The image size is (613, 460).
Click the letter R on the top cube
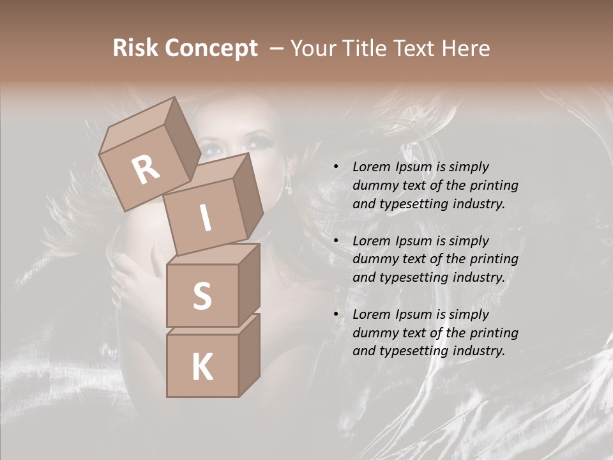coord(146,169)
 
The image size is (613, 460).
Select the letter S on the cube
coord(202,296)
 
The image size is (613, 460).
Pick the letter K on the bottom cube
coord(202,367)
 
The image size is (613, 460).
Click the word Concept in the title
coord(211,48)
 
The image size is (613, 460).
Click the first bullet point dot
coord(336,167)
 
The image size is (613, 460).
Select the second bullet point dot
coord(336,241)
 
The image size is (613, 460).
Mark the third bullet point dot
coord(336,314)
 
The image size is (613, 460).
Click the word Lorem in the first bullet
coord(370,167)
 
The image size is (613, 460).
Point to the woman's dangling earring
coord(289,184)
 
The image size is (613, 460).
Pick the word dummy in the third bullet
coord(374,333)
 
